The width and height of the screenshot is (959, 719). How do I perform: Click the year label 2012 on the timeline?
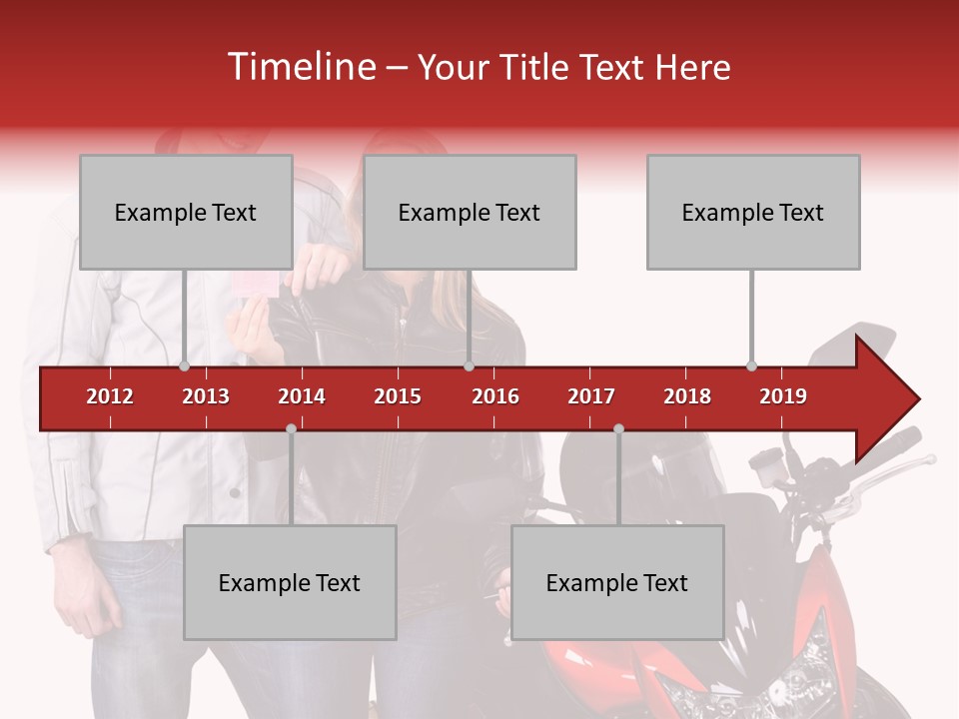click(110, 396)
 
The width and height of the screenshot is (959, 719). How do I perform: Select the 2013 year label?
click(206, 396)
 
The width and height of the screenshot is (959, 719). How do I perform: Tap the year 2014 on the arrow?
click(302, 396)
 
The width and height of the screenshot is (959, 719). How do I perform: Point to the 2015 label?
click(398, 396)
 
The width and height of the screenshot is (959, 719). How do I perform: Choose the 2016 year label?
click(495, 396)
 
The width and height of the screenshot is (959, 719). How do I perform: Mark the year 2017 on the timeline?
click(591, 396)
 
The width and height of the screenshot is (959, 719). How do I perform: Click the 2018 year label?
click(687, 396)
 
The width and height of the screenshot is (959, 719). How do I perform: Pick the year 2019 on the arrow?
click(783, 396)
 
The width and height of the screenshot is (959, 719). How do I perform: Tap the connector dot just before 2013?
click(185, 366)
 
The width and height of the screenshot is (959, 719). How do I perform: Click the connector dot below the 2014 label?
click(291, 429)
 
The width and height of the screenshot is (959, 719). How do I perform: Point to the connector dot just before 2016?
click(469, 366)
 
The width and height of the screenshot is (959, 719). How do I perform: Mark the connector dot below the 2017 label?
click(618, 429)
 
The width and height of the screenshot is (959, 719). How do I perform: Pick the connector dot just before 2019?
click(751, 366)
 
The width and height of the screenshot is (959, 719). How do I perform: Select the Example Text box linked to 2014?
click(290, 582)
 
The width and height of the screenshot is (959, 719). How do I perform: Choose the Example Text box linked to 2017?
click(617, 582)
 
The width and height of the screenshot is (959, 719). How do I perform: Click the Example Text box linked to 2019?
click(753, 212)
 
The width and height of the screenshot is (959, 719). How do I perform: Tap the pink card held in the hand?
click(254, 285)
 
